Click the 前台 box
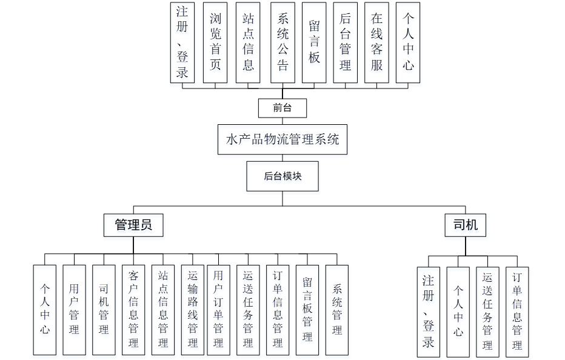point(282,108)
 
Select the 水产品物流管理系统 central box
point(282,139)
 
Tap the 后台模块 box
point(282,176)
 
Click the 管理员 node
point(133,225)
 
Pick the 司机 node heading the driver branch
point(465,225)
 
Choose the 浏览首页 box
point(216,42)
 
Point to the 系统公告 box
point(282,42)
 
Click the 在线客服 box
point(376,42)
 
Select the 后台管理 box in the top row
point(345,42)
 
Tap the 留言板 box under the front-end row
point(314,42)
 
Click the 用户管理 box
point(74,310)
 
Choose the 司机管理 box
point(104,310)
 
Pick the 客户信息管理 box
point(133,310)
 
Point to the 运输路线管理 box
point(193,310)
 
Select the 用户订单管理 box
point(218,310)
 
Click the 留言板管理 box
point(307,310)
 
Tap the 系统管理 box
point(337,310)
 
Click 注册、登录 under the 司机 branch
point(429,312)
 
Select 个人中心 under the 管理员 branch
point(45,310)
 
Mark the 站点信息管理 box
point(162,310)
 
